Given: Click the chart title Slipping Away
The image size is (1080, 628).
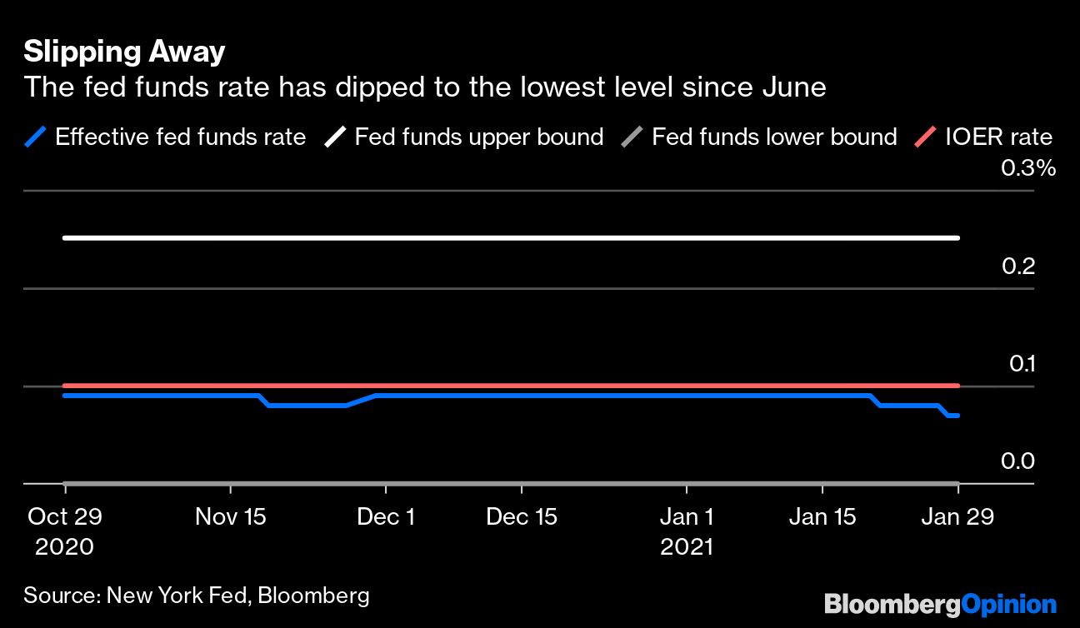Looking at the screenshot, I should coord(124,52).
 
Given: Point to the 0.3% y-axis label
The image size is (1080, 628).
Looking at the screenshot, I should coord(1028,169).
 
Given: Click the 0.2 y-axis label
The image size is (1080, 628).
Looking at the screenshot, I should coord(1017,267).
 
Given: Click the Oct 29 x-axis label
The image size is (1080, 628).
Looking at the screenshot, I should coord(65,516).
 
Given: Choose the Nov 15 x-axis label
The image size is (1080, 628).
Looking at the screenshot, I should coord(230,516).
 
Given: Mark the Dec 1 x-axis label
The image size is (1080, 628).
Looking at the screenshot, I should coord(385,516).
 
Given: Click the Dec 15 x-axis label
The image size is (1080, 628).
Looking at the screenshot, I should coord(522,516).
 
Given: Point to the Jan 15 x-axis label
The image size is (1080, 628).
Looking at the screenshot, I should coord(822,516).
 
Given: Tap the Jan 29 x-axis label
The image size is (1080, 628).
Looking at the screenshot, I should coord(957,516).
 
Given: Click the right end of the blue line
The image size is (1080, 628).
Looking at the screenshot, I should coord(957,415).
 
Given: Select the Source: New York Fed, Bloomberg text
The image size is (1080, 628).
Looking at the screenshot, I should coord(197,596).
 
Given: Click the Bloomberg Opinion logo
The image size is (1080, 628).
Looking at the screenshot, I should coord(940,603).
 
